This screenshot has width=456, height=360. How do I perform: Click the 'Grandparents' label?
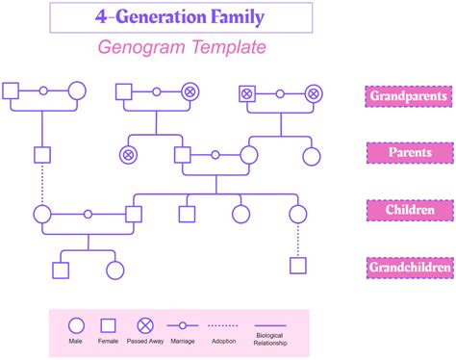(x=408, y=95)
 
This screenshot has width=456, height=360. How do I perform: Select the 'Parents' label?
(x=408, y=153)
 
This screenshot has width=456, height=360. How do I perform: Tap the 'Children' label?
(x=408, y=210)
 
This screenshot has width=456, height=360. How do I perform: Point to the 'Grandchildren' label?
(x=408, y=268)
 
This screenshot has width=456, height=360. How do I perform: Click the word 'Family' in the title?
(x=229, y=16)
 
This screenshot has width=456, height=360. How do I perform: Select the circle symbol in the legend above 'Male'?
(x=75, y=325)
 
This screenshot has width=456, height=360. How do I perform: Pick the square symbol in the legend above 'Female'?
(x=110, y=325)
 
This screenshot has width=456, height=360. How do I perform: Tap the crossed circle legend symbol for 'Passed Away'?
(x=145, y=325)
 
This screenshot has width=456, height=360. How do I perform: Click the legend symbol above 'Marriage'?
(x=182, y=325)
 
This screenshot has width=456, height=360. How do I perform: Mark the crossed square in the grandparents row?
(x=246, y=93)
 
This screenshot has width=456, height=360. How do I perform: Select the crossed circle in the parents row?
(x=128, y=154)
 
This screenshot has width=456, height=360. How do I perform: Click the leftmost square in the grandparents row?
(x=11, y=92)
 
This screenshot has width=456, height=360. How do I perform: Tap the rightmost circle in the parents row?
(x=311, y=154)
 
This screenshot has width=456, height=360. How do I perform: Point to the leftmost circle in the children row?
(x=41, y=215)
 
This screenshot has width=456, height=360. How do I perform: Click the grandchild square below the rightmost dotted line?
(x=298, y=266)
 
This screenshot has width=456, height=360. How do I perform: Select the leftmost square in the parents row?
(x=41, y=154)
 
